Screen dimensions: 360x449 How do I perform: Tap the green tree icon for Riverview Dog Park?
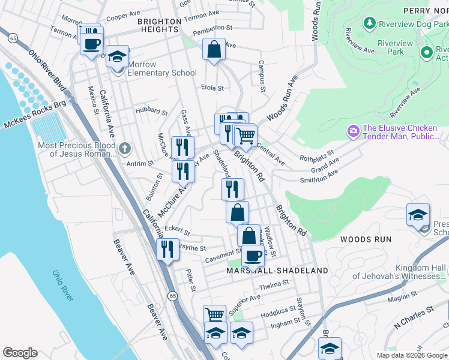370,23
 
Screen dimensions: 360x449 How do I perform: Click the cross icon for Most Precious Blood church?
124,148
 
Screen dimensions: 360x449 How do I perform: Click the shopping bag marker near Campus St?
214,50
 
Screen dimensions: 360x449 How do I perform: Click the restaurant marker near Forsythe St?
167,249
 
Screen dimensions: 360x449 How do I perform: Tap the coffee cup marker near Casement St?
253,255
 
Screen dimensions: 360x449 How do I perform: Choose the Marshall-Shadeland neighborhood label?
277,271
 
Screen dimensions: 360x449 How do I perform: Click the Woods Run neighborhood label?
366,239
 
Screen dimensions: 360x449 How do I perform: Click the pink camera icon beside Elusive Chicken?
353,130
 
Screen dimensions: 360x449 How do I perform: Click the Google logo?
20,353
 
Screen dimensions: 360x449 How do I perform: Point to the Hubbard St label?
151,111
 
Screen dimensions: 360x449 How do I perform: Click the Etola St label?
212,88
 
